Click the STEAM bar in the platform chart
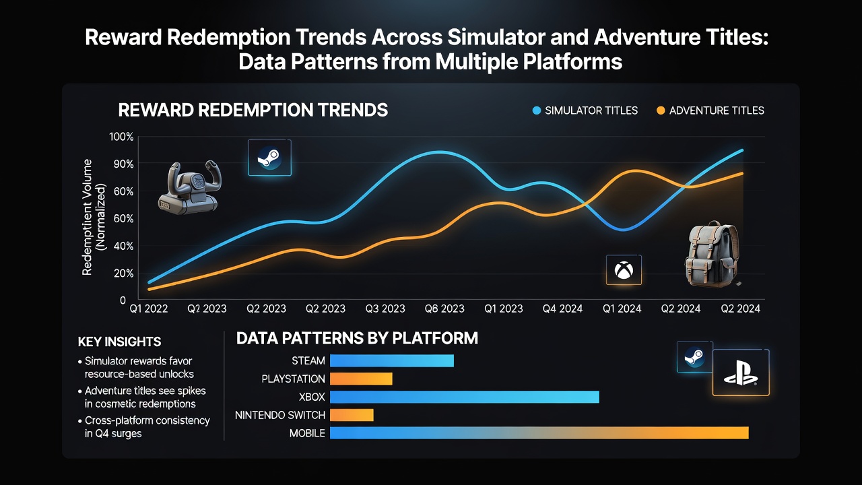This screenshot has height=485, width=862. click(x=392, y=360)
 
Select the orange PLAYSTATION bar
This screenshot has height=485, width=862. click(x=361, y=379)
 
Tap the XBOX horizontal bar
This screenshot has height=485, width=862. click(x=465, y=397)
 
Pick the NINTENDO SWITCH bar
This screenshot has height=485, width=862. click(x=352, y=415)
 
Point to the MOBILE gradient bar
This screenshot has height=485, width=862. click(x=539, y=433)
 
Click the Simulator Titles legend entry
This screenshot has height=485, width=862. click(x=585, y=111)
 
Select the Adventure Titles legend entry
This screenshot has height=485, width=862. click(x=710, y=111)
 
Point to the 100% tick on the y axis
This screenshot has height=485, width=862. click(x=121, y=137)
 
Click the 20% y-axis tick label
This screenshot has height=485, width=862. click(x=123, y=273)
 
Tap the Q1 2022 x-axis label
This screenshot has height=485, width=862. click(x=149, y=309)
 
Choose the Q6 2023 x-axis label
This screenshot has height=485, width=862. click(x=444, y=309)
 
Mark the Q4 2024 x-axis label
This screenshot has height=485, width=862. click(x=562, y=309)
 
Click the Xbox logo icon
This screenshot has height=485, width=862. click(x=624, y=270)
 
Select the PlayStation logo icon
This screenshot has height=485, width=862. click(x=741, y=373)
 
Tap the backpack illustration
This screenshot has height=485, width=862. click(x=712, y=254)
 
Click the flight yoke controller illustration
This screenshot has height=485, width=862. click(x=190, y=188)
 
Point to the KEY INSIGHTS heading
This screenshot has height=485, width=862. click(x=119, y=342)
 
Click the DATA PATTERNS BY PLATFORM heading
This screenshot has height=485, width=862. click(x=357, y=338)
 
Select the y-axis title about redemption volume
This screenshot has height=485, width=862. click(x=94, y=217)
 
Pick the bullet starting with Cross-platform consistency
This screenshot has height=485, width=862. click(x=144, y=427)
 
